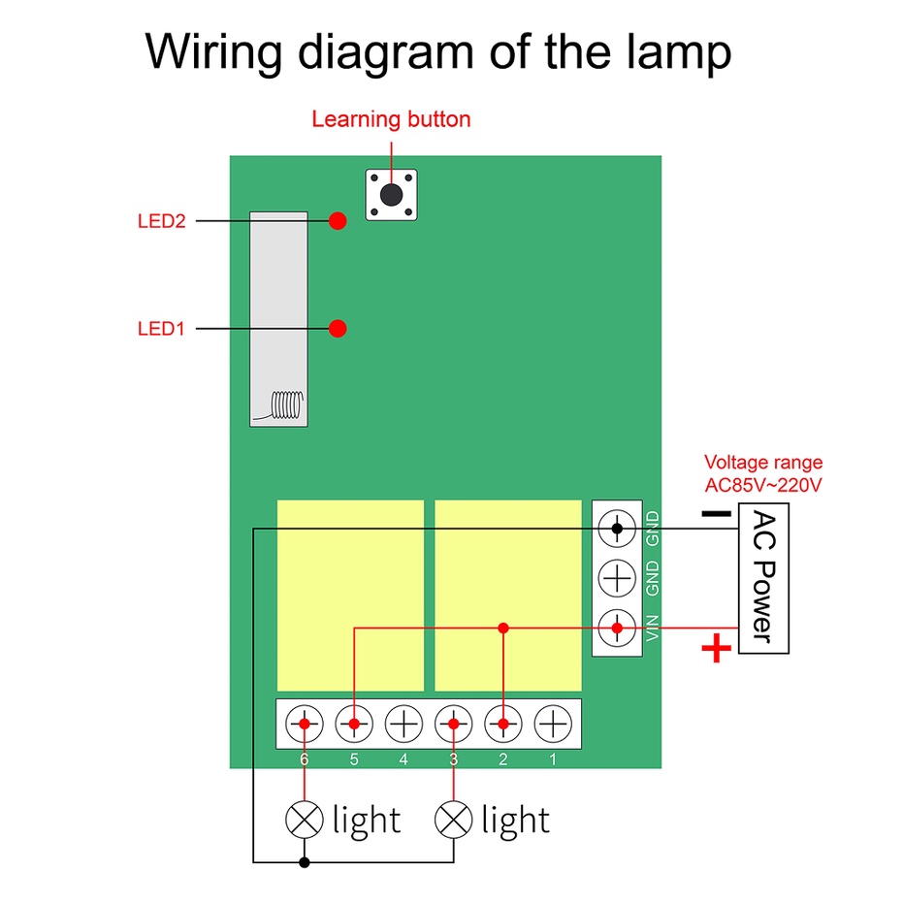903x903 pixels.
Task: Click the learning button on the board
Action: pyautogui.click(x=391, y=195)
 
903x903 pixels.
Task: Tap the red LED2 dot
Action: pyautogui.click(x=338, y=220)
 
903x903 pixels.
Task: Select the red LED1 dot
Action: pyautogui.click(x=338, y=328)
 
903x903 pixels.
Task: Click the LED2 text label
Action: pyautogui.click(x=161, y=221)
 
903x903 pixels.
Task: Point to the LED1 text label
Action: pyautogui.click(x=161, y=329)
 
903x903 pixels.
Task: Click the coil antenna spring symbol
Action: pyautogui.click(x=286, y=404)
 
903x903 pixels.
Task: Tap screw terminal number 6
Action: pyautogui.click(x=305, y=724)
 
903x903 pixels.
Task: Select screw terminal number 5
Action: pyautogui.click(x=354, y=724)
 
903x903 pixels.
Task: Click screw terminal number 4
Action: pyautogui.click(x=403, y=724)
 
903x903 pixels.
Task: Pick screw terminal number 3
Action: pyautogui.click(x=454, y=724)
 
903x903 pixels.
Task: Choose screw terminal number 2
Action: pyautogui.click(x=503, y=724)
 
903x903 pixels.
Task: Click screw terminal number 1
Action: pyautogui.click(x=553, y=724)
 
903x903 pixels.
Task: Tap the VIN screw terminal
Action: pyautogui.click(x=617, y=628)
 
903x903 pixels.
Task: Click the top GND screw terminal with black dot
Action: pyautogui.click(x=617, y=528)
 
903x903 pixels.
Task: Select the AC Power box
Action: pyautogui.click(x=763, y=578)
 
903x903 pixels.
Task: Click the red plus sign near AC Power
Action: pyautogui.click(x=717, y=649)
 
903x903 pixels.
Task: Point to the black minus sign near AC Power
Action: pyautogui.click(x=717, y=513)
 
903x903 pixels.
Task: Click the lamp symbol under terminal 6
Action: pyautogui.click(x=305, y=820)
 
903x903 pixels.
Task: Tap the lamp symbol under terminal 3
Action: pyautogui.click(x=454, y=820)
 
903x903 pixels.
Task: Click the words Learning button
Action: pyautogui.click(x=391, y=120)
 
